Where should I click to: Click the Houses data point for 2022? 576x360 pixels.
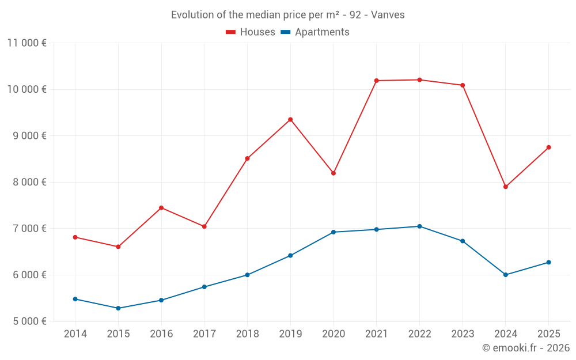(419, 80)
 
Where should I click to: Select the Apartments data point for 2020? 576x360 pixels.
(334, 232)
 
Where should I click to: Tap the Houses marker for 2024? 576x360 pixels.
(506, 187)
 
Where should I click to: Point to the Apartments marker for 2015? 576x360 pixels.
(118, 308)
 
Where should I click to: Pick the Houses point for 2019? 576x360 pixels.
(290, 120)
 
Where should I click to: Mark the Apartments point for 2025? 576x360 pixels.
(548, 263)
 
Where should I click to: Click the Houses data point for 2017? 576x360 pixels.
(204, 226)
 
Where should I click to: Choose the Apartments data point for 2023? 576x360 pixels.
(463, 241)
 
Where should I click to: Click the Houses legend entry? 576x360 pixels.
(257, 32)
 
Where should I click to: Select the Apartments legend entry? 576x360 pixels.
(322, 32)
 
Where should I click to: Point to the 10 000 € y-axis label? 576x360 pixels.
(27, 89)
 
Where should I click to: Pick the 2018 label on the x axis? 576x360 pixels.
(247, 334)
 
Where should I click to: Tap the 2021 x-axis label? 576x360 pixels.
(376, 334)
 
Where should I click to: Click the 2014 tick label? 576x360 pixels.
(75, 334)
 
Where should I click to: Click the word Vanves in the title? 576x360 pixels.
(388, 15)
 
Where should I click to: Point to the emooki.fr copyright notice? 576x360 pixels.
(525, 348)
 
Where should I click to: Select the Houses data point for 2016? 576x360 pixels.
(161, 208)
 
